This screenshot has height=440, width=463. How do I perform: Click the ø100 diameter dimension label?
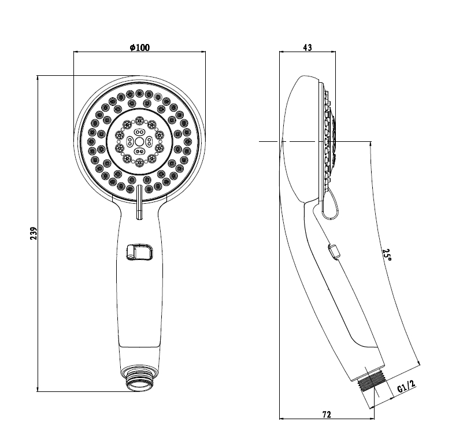pos(140,47)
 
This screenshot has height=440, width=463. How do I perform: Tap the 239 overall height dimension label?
pos(34,233)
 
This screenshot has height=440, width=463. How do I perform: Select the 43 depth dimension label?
pos(308,47)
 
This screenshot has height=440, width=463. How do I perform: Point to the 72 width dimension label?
pos(326,415)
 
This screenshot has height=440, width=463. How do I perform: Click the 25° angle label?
pos(387,255)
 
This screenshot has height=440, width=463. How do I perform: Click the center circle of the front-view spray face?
pos(139,142)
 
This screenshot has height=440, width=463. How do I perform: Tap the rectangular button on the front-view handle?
pos(139,252)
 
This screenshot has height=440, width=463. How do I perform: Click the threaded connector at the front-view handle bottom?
pos(139,379)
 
